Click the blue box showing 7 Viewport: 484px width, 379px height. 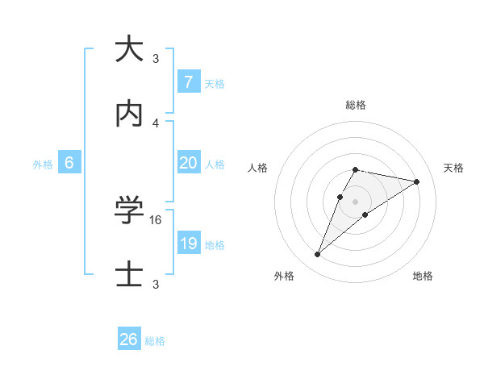pyautogui.click(x=188, y=82)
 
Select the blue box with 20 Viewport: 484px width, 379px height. pyautogui.click(x=188, y=163)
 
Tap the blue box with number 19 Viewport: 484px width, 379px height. pyautogui.click(x=188, y=244)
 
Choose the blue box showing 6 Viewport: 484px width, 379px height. pyautogui.click(x=69, y=163)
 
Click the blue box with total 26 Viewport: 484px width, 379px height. pyautogui.click(x=129, y=339)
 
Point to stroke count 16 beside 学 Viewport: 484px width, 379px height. pyautogui.click(x=157, y=219)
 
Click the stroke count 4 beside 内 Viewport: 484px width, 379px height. pyautogui.click(x=156, y=123)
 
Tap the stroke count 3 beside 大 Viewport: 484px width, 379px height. pyautogui.click(x=156, y=58)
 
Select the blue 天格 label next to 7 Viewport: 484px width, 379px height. pyautogui.click(x=215, y=83)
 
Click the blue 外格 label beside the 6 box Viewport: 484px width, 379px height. pyautogui.click(x=43, y=164)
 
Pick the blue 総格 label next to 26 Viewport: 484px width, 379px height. pyautogui.click(x=155, y=340)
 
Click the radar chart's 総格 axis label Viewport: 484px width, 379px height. pyautogui.click(x=356, y=105)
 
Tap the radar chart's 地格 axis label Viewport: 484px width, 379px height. pyautogui.click(x=423, y=276)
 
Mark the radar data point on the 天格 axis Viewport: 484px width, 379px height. pyautogui.click(x=417, y=182)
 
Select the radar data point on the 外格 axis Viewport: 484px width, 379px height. pyautogui.click(x=318, y=255)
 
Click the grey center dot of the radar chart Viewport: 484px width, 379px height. pyautogui.click(x=356, y=202)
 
